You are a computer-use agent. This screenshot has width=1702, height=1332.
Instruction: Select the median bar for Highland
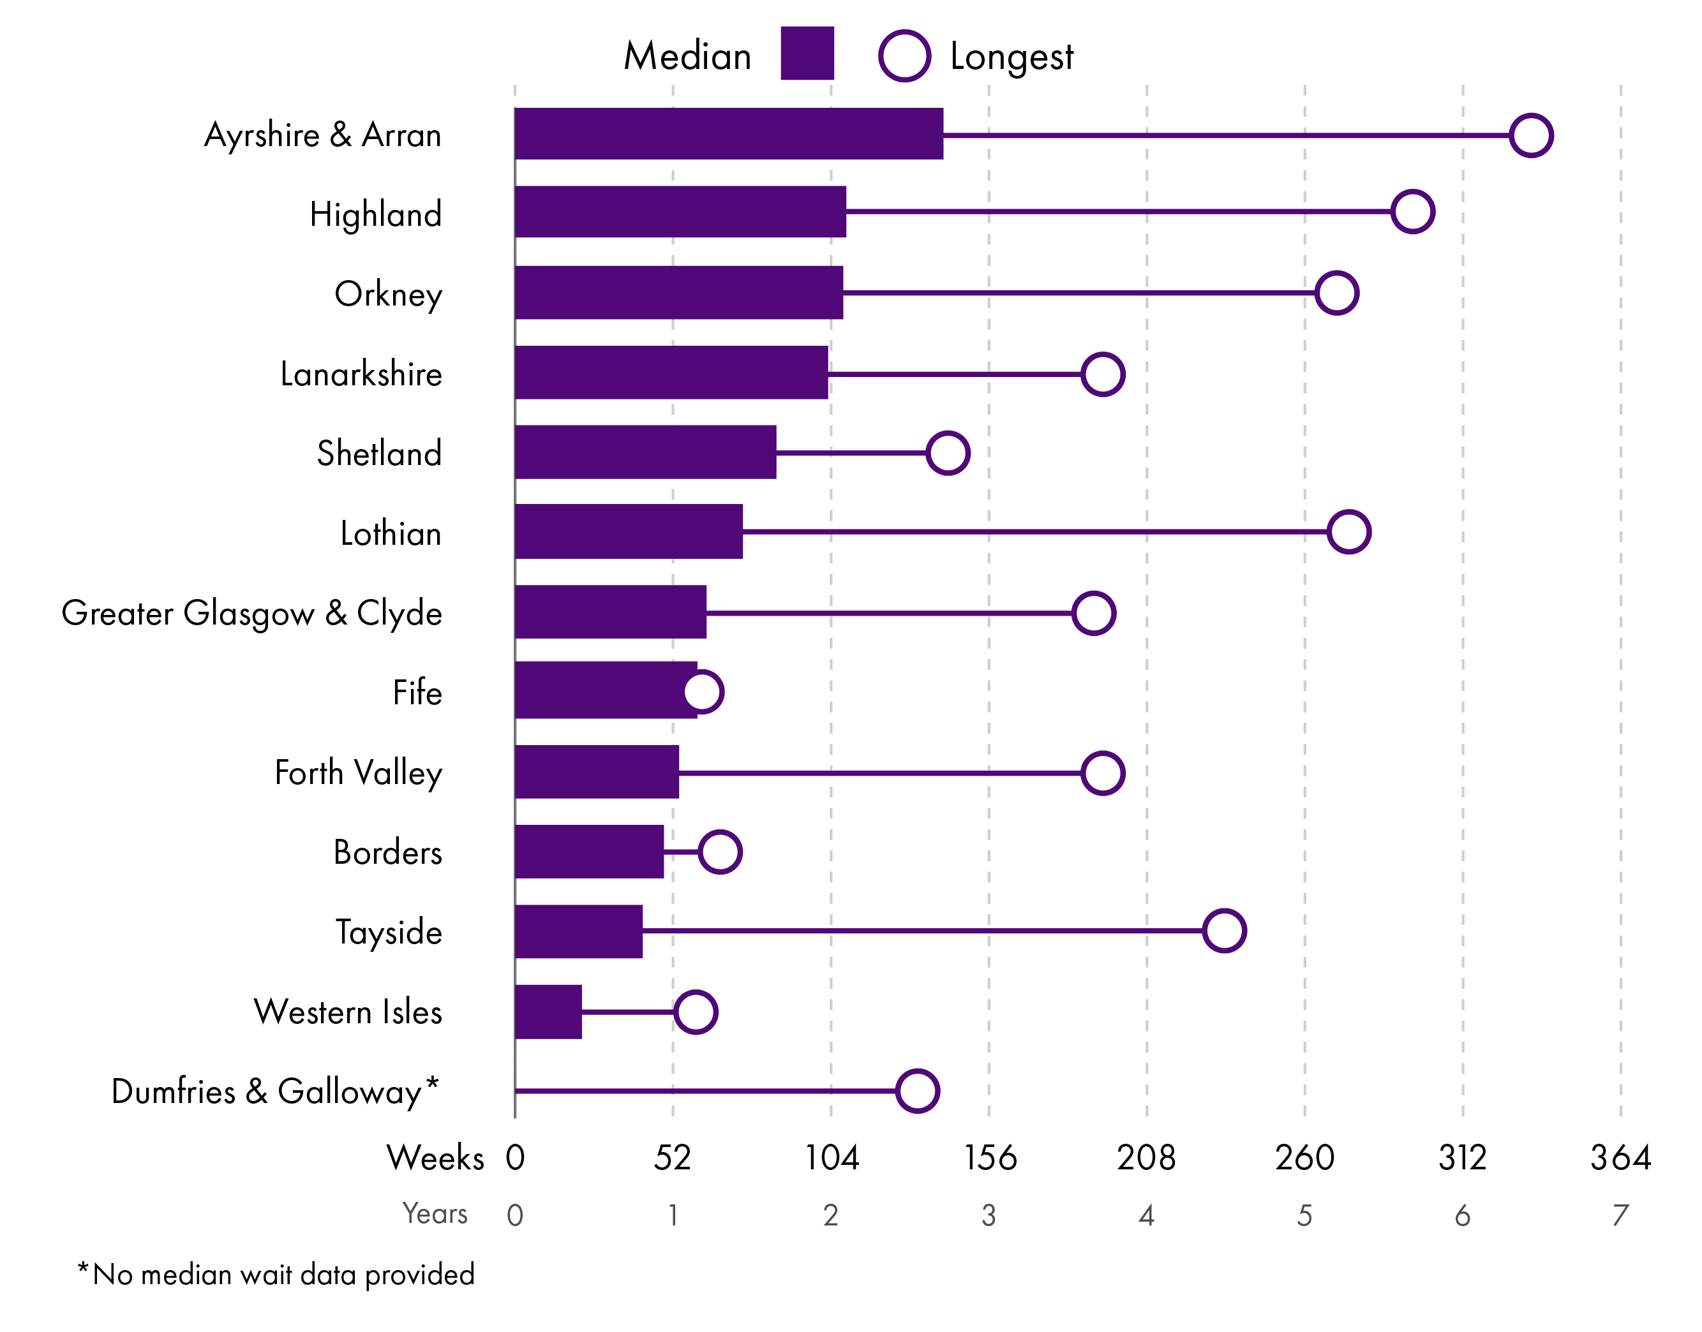tap(680, 211)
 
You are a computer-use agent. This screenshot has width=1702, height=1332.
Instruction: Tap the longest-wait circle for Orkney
tap(1336, 293)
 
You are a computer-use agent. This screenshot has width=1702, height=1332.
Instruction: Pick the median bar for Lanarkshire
tap(671, 373)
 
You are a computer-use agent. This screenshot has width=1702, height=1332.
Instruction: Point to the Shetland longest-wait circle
tap(948, 452)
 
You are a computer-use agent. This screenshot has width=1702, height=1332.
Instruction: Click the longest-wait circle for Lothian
tap(1348, 532)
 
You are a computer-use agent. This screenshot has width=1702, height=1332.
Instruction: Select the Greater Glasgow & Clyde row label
tap(252, 613)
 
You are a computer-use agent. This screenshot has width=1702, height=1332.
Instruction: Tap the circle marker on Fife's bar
tap(703, 692)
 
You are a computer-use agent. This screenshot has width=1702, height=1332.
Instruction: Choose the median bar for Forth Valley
tap(597, 772)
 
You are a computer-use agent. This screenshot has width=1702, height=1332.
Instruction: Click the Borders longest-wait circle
tap(719, 852)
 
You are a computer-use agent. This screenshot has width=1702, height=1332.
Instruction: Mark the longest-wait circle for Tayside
tap(1224, 930)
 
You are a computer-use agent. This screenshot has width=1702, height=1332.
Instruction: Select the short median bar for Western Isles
tap(548, 1012)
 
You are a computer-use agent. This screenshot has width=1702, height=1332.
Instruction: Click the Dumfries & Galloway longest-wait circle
tap(917, 1090)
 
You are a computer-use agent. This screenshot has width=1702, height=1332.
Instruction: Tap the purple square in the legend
tap(807, 53)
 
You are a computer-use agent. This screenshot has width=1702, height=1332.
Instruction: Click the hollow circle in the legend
tap(904, 56)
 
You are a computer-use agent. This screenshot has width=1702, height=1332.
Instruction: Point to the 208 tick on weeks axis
tap(1146, 1157)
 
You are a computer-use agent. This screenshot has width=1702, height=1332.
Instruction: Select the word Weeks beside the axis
tap(435, 1157)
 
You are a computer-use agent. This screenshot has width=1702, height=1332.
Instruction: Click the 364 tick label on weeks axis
tap(1620, 1157)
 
